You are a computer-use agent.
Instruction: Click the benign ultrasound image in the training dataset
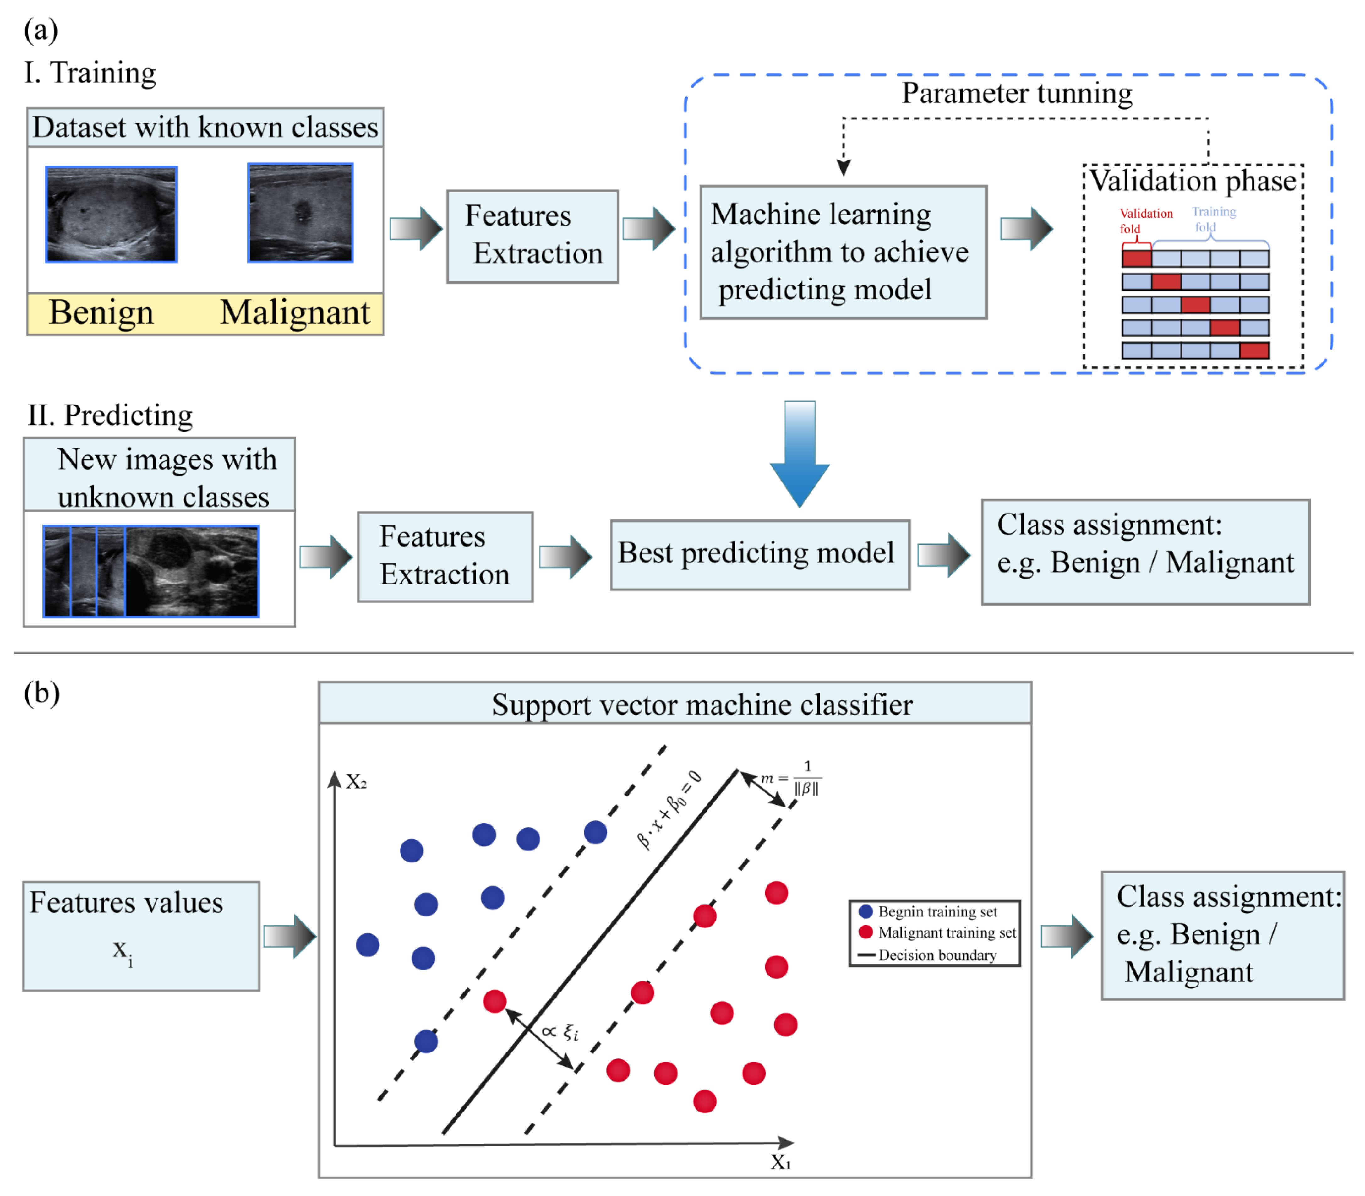[x=111, y=214]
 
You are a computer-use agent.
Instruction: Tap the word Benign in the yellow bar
[x=101, y=312]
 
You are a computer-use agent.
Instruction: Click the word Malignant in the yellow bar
[x=294, y=312]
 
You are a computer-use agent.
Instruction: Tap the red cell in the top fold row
[x=1136, y=258]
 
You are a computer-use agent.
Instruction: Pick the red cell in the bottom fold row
[x=1253, y=351]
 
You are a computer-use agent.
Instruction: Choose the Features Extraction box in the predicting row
[x=445, y=556]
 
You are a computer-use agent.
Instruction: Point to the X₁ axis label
[x=780, y=1162]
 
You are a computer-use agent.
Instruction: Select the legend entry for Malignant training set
[x=938, y=932]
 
